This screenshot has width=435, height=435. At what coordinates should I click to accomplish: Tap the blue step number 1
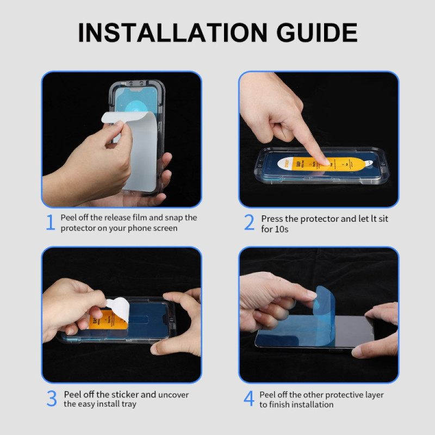point(50,222)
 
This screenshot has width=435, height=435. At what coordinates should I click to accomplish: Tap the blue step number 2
point(249,222)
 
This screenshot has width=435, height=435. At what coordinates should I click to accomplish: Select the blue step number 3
point(51,399)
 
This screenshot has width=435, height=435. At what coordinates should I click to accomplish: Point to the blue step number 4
point(248,399)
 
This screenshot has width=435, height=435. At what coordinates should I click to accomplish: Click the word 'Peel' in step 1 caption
point(69,217)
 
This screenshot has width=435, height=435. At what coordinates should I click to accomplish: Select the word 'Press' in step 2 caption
point(272,219)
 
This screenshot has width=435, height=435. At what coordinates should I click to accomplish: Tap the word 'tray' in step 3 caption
point(130,404)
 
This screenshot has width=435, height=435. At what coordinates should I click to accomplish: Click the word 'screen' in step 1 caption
point(161,228)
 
